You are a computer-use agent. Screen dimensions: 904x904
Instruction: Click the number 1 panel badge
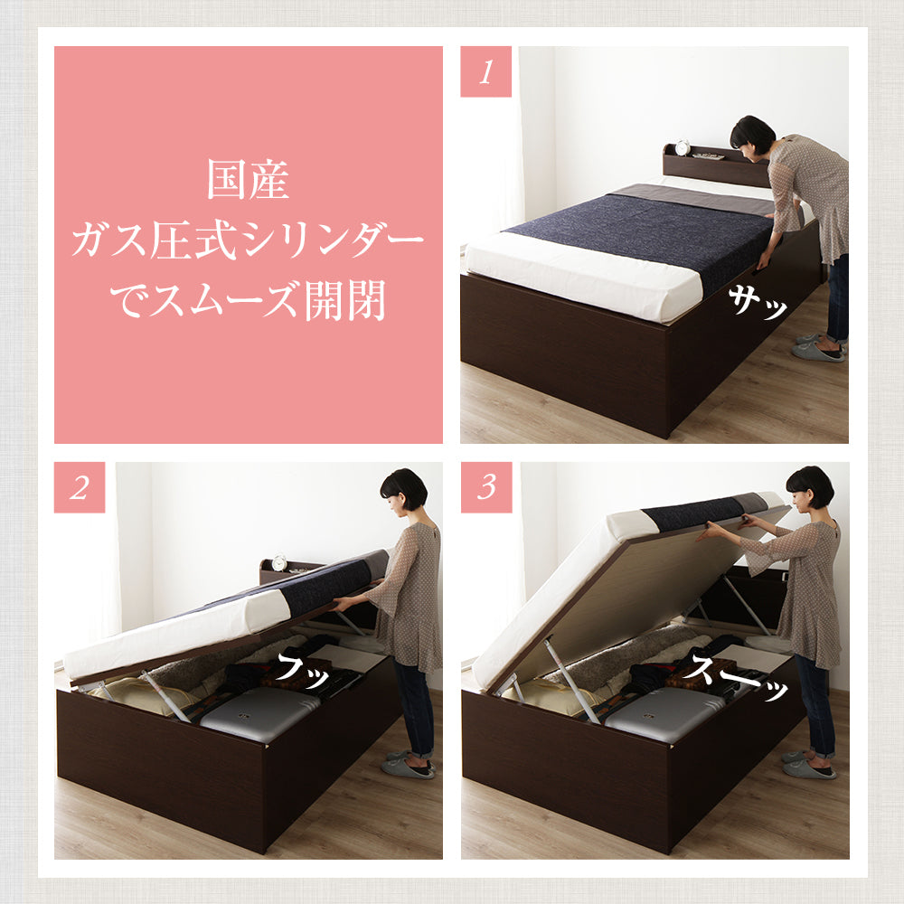click(x=485, y=71)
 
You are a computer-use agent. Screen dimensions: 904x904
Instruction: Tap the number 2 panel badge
click(x=80, y=487)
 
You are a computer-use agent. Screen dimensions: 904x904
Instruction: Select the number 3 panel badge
click(x=486, y=487)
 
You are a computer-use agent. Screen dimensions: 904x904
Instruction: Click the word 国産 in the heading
click(x=248, y=180)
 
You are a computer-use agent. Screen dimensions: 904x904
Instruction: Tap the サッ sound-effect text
click(x=757, y=303)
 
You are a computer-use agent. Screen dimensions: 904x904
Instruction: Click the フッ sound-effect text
click(x=302, y=670)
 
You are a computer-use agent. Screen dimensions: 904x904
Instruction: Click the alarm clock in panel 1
click(x=683, y=147)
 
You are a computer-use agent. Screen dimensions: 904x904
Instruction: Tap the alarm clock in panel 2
click(x=279, y=562)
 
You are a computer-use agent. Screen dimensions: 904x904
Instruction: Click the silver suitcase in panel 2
click(x=259, y=714)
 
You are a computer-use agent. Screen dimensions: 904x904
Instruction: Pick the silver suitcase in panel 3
click(x=663, y=714)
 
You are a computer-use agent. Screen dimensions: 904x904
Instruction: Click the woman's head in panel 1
click(x=753, y=137)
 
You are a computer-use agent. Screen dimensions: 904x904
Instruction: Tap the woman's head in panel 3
click(x=810, y=488)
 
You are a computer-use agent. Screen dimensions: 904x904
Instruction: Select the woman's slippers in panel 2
click(x=409, y=765)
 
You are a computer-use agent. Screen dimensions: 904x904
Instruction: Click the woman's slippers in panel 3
click(x=808, y=765)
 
